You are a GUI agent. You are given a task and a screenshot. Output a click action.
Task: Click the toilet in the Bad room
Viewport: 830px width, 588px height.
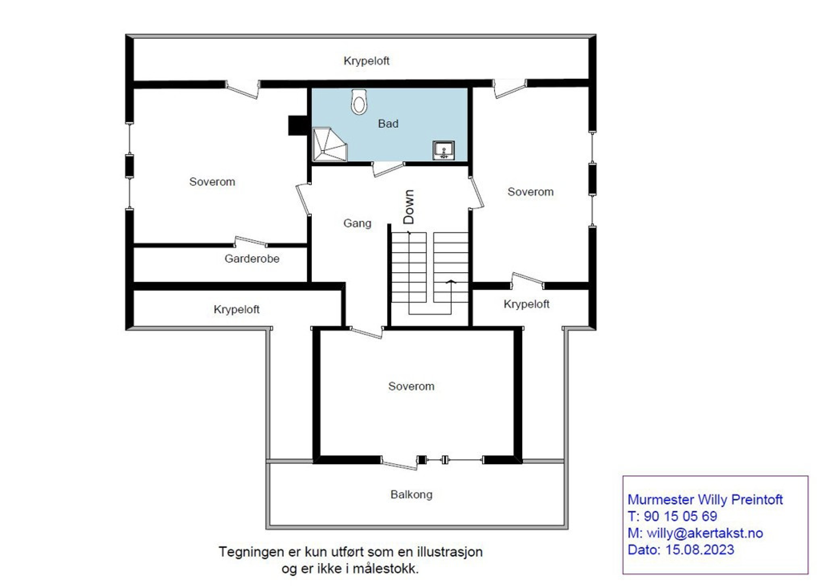359,102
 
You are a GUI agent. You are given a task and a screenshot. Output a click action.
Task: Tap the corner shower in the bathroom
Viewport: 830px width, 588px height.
328,145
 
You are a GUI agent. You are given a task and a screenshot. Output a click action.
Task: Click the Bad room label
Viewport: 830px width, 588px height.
388,124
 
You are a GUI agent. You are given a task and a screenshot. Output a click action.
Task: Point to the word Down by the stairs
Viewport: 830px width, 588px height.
409,207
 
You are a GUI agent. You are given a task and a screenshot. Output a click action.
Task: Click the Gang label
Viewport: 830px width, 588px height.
357,223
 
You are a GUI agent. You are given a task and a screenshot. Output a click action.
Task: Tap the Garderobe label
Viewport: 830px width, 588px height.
252,259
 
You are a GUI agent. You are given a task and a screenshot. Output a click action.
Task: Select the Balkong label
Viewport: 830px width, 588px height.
411,495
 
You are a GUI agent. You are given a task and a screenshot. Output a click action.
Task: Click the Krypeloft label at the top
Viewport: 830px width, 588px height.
366,61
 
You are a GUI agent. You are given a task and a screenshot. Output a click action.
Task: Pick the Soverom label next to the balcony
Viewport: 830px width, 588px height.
411,386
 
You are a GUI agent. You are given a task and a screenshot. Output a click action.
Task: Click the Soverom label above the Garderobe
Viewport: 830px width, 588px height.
212,182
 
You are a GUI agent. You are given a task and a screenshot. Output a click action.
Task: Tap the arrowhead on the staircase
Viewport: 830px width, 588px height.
451,282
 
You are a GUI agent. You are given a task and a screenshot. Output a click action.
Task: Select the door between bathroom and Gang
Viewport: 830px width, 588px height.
388,169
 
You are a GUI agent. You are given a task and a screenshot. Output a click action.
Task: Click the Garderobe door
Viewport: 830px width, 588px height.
251,241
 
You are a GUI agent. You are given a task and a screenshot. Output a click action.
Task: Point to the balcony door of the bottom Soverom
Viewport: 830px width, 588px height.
398,463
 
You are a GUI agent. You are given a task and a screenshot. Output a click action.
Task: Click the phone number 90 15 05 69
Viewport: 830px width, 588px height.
680,516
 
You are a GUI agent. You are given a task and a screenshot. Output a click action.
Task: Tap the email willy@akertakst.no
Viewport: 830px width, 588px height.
704,533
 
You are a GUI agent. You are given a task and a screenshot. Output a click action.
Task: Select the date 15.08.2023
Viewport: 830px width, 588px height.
699,550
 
